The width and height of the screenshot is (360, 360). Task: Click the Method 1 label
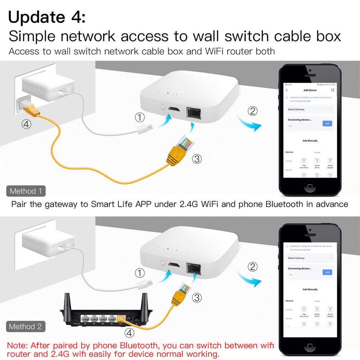click(x=26, y=191)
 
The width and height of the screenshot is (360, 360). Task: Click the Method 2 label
click(x=26, y=327)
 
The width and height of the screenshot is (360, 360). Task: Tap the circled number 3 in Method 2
click(x=196, y=297)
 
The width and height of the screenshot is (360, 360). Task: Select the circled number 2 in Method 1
click(x=253, y=111)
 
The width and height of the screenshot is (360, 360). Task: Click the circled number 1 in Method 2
click(x=140, y=273)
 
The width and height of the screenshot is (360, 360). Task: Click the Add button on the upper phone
click(x=327, y=123)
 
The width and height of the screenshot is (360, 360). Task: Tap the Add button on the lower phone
click(x=327, y=272)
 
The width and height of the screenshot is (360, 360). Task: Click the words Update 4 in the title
click(x=47, y=17)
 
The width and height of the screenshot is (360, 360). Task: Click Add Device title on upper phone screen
click(x=310, y=90)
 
